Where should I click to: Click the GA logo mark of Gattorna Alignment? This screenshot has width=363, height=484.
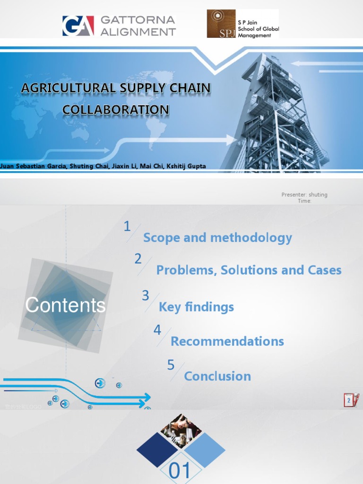[78, 26]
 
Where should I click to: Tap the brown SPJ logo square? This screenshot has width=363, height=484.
[221, 24]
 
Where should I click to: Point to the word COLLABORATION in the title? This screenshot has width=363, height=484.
[116, 110]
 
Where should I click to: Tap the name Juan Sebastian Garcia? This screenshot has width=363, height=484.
[33, 166]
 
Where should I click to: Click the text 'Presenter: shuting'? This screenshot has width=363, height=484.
[304, 195]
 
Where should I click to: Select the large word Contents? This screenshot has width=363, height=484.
[65, 305]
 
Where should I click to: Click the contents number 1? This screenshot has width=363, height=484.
[127, 227]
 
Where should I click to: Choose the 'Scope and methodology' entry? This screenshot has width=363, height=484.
[217, 237]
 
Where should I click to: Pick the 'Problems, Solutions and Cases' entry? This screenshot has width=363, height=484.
[249, 270]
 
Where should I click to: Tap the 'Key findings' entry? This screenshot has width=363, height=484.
[196, 307]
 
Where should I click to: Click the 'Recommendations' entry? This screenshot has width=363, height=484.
[227, 341]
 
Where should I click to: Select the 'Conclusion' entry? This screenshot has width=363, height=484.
[217, 376]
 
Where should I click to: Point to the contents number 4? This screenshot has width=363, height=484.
[157, 330]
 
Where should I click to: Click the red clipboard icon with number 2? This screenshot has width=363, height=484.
[351, 400]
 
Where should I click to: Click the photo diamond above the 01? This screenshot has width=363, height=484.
[181, 431]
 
